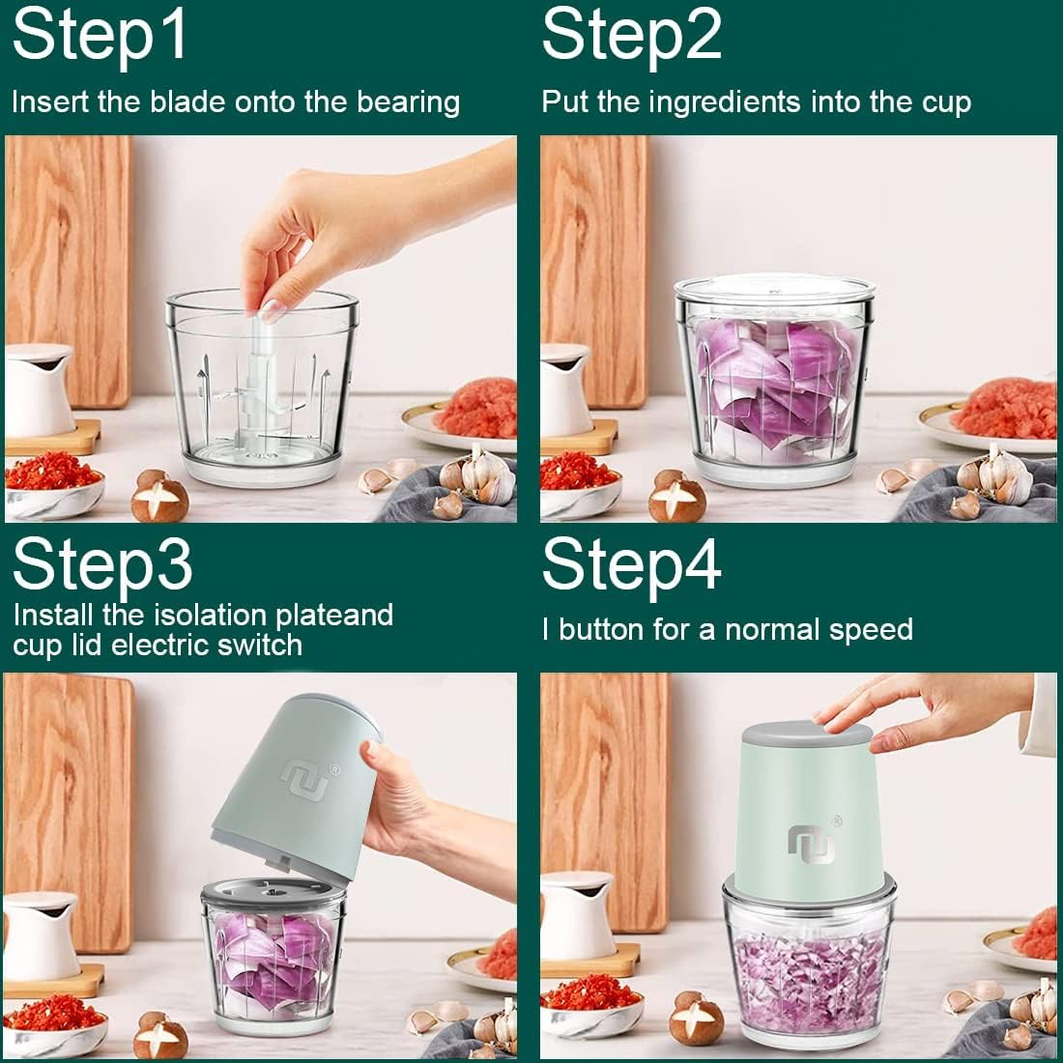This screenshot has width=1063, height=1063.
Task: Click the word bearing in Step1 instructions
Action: (409, 103)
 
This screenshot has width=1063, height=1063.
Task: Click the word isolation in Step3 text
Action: (211, 615)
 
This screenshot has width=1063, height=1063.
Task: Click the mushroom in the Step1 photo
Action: (158, 496)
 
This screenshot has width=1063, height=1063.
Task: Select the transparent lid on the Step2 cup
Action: (775, 288)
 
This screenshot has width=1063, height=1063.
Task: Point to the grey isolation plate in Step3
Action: (273, 892)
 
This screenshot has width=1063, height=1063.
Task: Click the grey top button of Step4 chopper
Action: (807, 733)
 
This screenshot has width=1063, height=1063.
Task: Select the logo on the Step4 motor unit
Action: (812, 842)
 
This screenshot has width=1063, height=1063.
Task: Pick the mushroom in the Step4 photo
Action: (696, 1019)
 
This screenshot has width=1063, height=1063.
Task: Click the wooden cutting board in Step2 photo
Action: (594, 272)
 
